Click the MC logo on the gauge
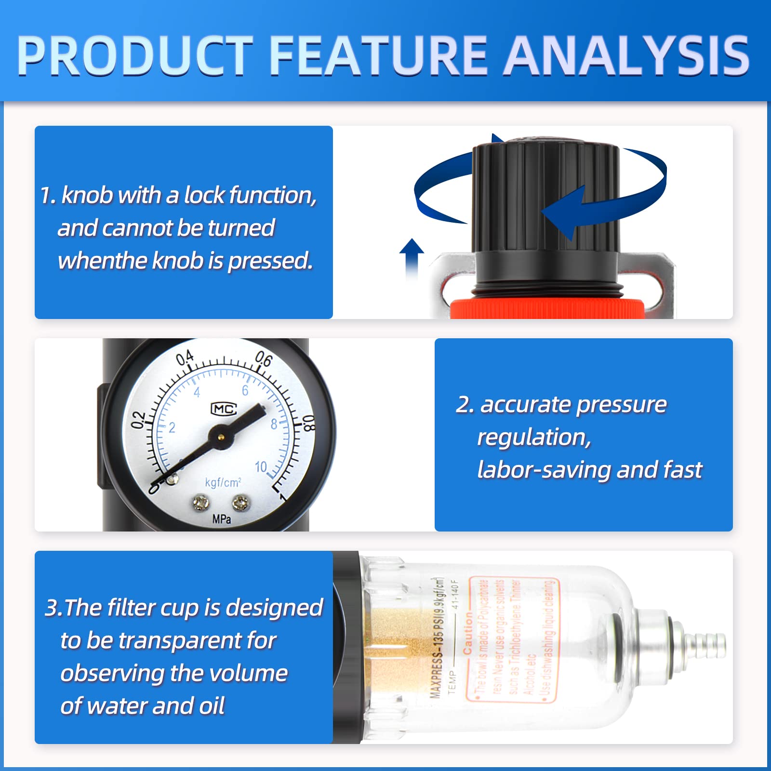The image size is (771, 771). coord(224,409)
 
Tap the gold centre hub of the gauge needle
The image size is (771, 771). coord(221,437)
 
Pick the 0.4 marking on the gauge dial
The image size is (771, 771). coord(185,358)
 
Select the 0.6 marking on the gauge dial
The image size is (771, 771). coord(264,359)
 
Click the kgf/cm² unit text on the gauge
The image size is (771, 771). coord(223,482)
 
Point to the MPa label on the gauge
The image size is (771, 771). coord(222,519)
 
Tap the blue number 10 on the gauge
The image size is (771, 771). coord(261,466)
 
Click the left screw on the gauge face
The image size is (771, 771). coord(200,504)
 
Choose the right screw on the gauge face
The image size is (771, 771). coord(240,504)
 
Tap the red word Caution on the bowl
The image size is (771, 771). coord(467,634)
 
